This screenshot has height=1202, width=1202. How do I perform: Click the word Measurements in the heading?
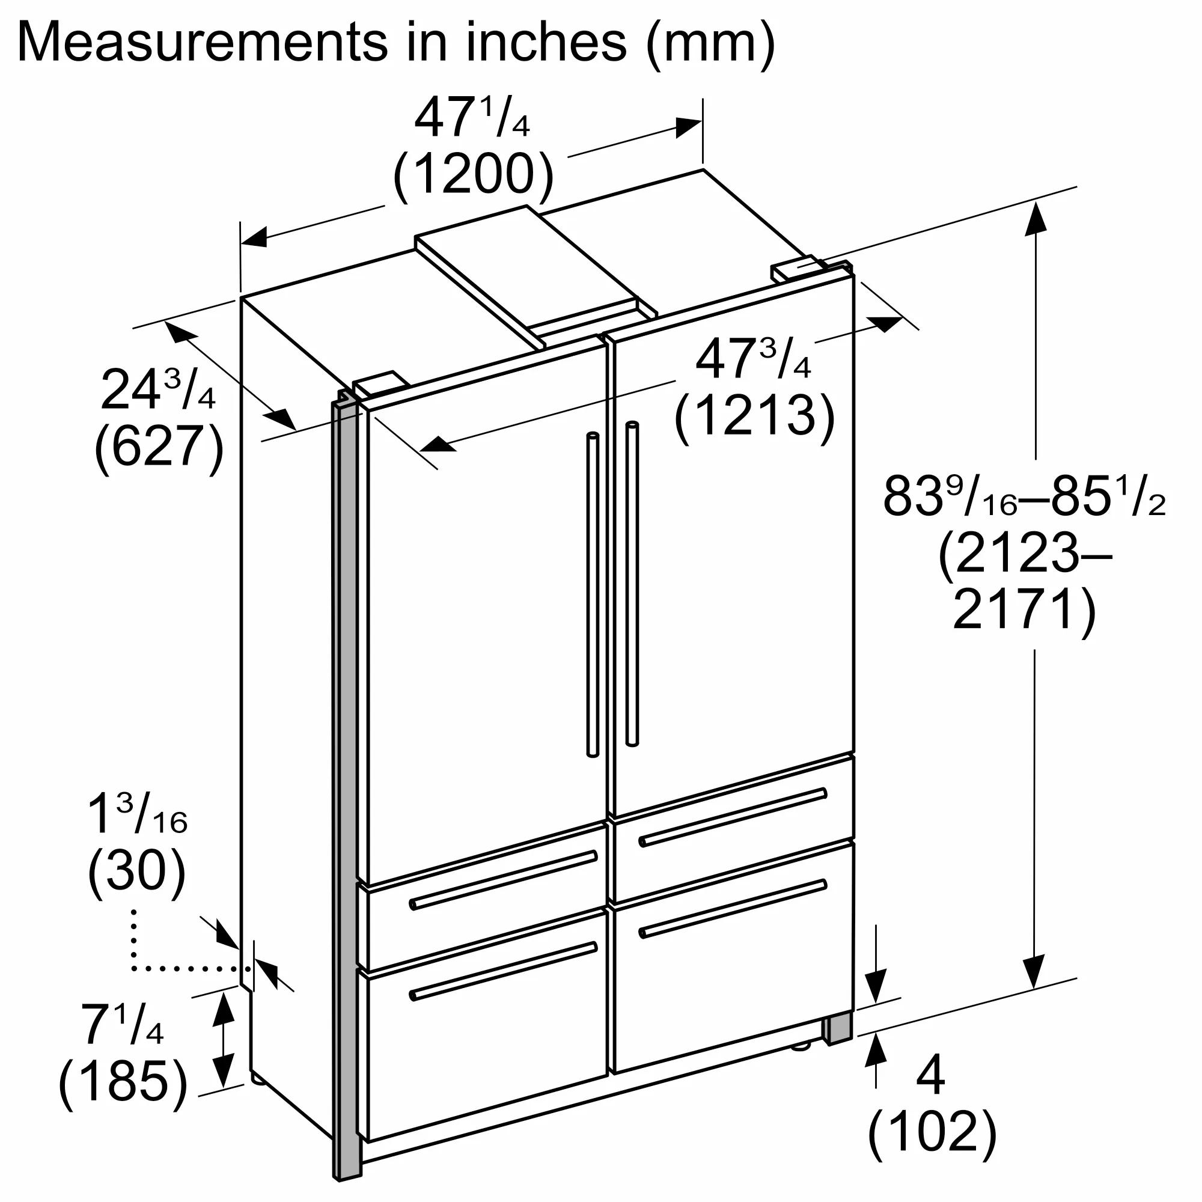coord(205,41)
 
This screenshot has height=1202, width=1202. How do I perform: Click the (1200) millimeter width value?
coord(473,175)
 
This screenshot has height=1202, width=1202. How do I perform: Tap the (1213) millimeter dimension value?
coord(754,416)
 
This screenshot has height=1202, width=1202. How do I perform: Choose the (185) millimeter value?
coord(123,1081)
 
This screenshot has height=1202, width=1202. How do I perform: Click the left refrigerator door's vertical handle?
coord(593,594)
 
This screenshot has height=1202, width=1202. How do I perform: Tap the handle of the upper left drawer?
coord(502,880)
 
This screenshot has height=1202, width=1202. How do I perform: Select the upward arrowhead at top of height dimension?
coord(1036,218)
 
